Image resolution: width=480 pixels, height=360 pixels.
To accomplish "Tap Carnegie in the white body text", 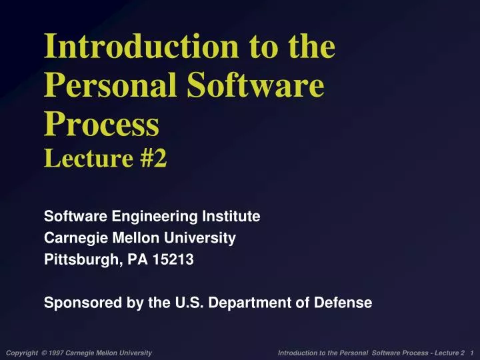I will coord(70,238).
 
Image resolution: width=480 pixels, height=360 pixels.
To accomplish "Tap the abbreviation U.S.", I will coord(187,303).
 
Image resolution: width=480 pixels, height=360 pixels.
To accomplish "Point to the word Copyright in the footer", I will coord(21,352).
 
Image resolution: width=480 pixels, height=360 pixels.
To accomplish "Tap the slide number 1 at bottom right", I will coord(472,352).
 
